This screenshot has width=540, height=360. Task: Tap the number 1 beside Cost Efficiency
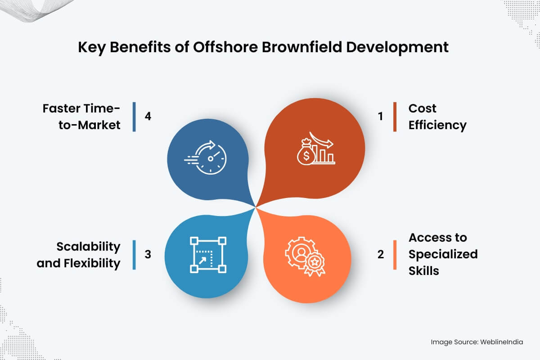click(x=380, y=117)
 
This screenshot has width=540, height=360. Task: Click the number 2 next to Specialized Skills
click(x=381, y=254)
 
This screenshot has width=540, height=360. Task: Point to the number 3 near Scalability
click(x=148, y=254)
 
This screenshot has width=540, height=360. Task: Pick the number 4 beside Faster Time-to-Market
click(x=148, y=116)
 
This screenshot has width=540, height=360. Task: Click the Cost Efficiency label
click(x=437, y=117)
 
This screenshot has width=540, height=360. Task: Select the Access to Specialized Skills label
click(x=443, y=254)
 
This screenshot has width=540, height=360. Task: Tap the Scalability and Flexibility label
click(x=79, y=255)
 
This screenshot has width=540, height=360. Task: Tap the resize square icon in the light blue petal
click(x=207, y=255)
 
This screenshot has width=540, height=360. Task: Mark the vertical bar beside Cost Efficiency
click(x=395, y=117)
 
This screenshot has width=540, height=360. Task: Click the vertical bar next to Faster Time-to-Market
click(x=134, y=117)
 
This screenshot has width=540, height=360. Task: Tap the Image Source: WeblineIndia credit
click(x=477, y=342)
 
